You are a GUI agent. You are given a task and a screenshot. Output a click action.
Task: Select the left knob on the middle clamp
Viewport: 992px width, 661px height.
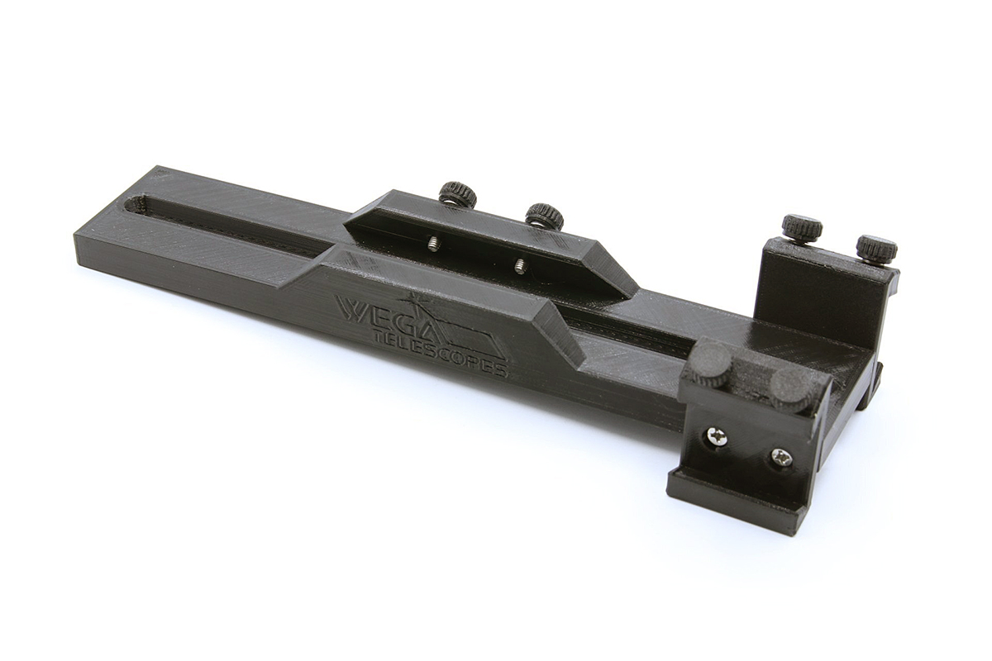[x=457, y=194]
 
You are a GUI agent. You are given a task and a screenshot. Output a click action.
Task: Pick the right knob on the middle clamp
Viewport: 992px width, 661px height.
[x=544, y=216]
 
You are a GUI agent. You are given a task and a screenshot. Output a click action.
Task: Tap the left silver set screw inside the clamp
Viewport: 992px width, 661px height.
[x=432, y=242]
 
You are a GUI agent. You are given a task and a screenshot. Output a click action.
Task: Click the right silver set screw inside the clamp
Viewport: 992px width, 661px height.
[x=519, y=265]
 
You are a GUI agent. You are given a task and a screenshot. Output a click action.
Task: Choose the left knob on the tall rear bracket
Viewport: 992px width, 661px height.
[x=802, y=226]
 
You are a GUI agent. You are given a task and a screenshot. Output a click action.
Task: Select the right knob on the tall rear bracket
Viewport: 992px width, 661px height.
[x=876, y=247]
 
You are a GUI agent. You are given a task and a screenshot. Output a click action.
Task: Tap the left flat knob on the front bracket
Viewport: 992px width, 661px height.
[x=711, y=364]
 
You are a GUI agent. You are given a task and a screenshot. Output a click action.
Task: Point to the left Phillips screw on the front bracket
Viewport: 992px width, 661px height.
[x=717, y=437]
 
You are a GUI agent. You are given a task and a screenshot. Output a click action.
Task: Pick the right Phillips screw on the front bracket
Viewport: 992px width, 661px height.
[x=780, y=456]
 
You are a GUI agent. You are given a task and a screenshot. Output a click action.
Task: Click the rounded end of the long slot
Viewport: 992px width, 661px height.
[x=135, y=202]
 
